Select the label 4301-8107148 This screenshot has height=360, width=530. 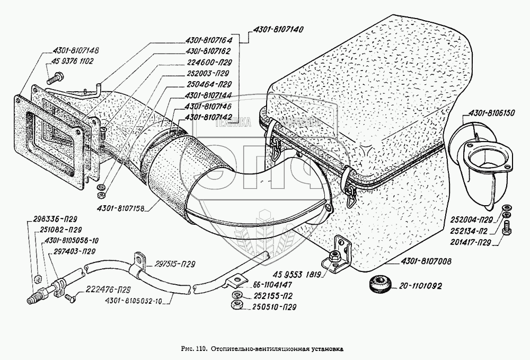tap(76, 50)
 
